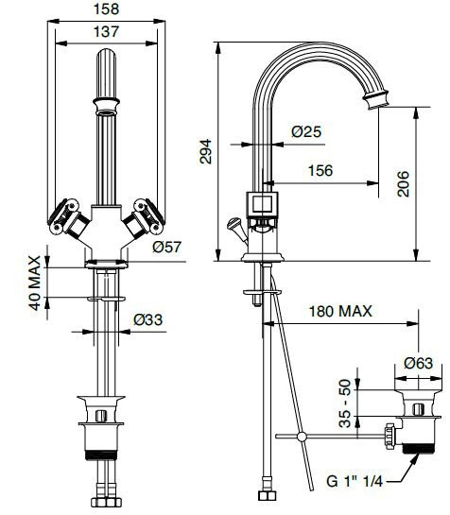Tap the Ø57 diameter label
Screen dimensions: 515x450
[x=166, y=248]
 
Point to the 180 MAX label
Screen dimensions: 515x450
[x=339, y=311]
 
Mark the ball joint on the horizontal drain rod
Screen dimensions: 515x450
[x=302, y=437]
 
